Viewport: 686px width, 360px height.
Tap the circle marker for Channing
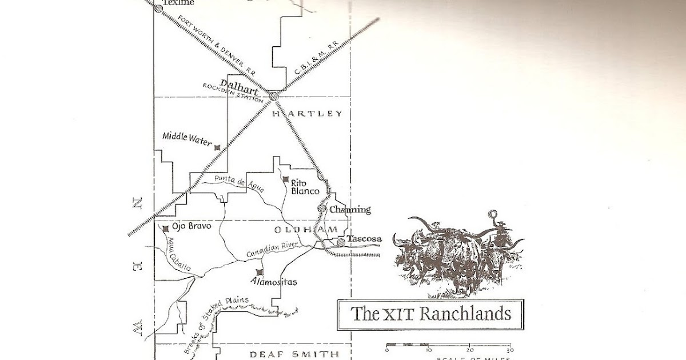click(x=322, y=209)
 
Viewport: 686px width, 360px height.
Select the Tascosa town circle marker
click(x=341, y=243)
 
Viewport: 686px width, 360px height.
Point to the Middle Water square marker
click(x=217, y=147)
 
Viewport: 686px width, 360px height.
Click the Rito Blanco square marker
click(x=286, y=180)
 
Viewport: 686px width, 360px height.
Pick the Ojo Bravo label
click(x=192, y=226)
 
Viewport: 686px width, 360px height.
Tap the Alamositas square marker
click(x=260, y=272)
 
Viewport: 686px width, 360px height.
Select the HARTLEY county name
click(x=307, y=114)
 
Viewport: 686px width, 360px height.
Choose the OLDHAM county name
click(x=302, y=230)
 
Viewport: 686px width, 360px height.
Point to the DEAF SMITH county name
click(x=294, y=354)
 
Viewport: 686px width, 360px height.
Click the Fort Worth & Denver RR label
click(x=217, y=45)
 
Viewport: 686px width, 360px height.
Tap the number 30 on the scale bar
click(x=509, y=350)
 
